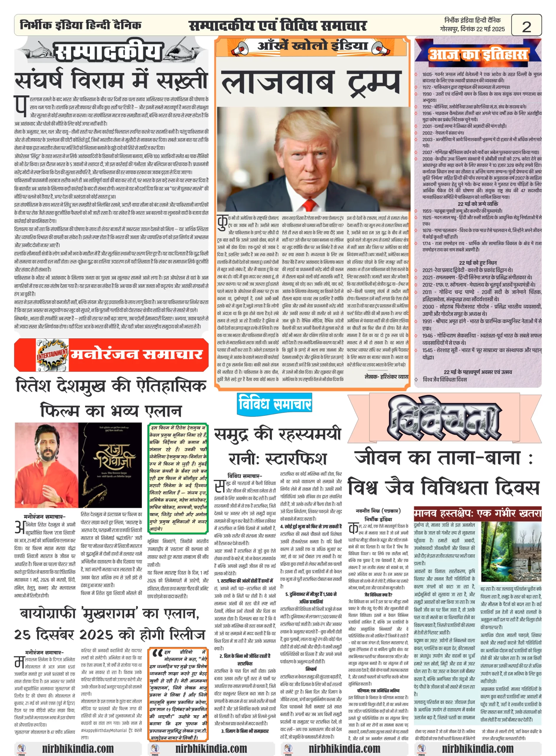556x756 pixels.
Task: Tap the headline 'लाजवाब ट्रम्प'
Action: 311,82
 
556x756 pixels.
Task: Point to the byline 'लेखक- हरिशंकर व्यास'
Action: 386,377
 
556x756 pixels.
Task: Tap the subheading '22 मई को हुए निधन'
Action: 477,263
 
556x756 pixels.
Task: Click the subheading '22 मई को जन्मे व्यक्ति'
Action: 477,204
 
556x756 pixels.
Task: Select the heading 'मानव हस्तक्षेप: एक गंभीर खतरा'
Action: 477,514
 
